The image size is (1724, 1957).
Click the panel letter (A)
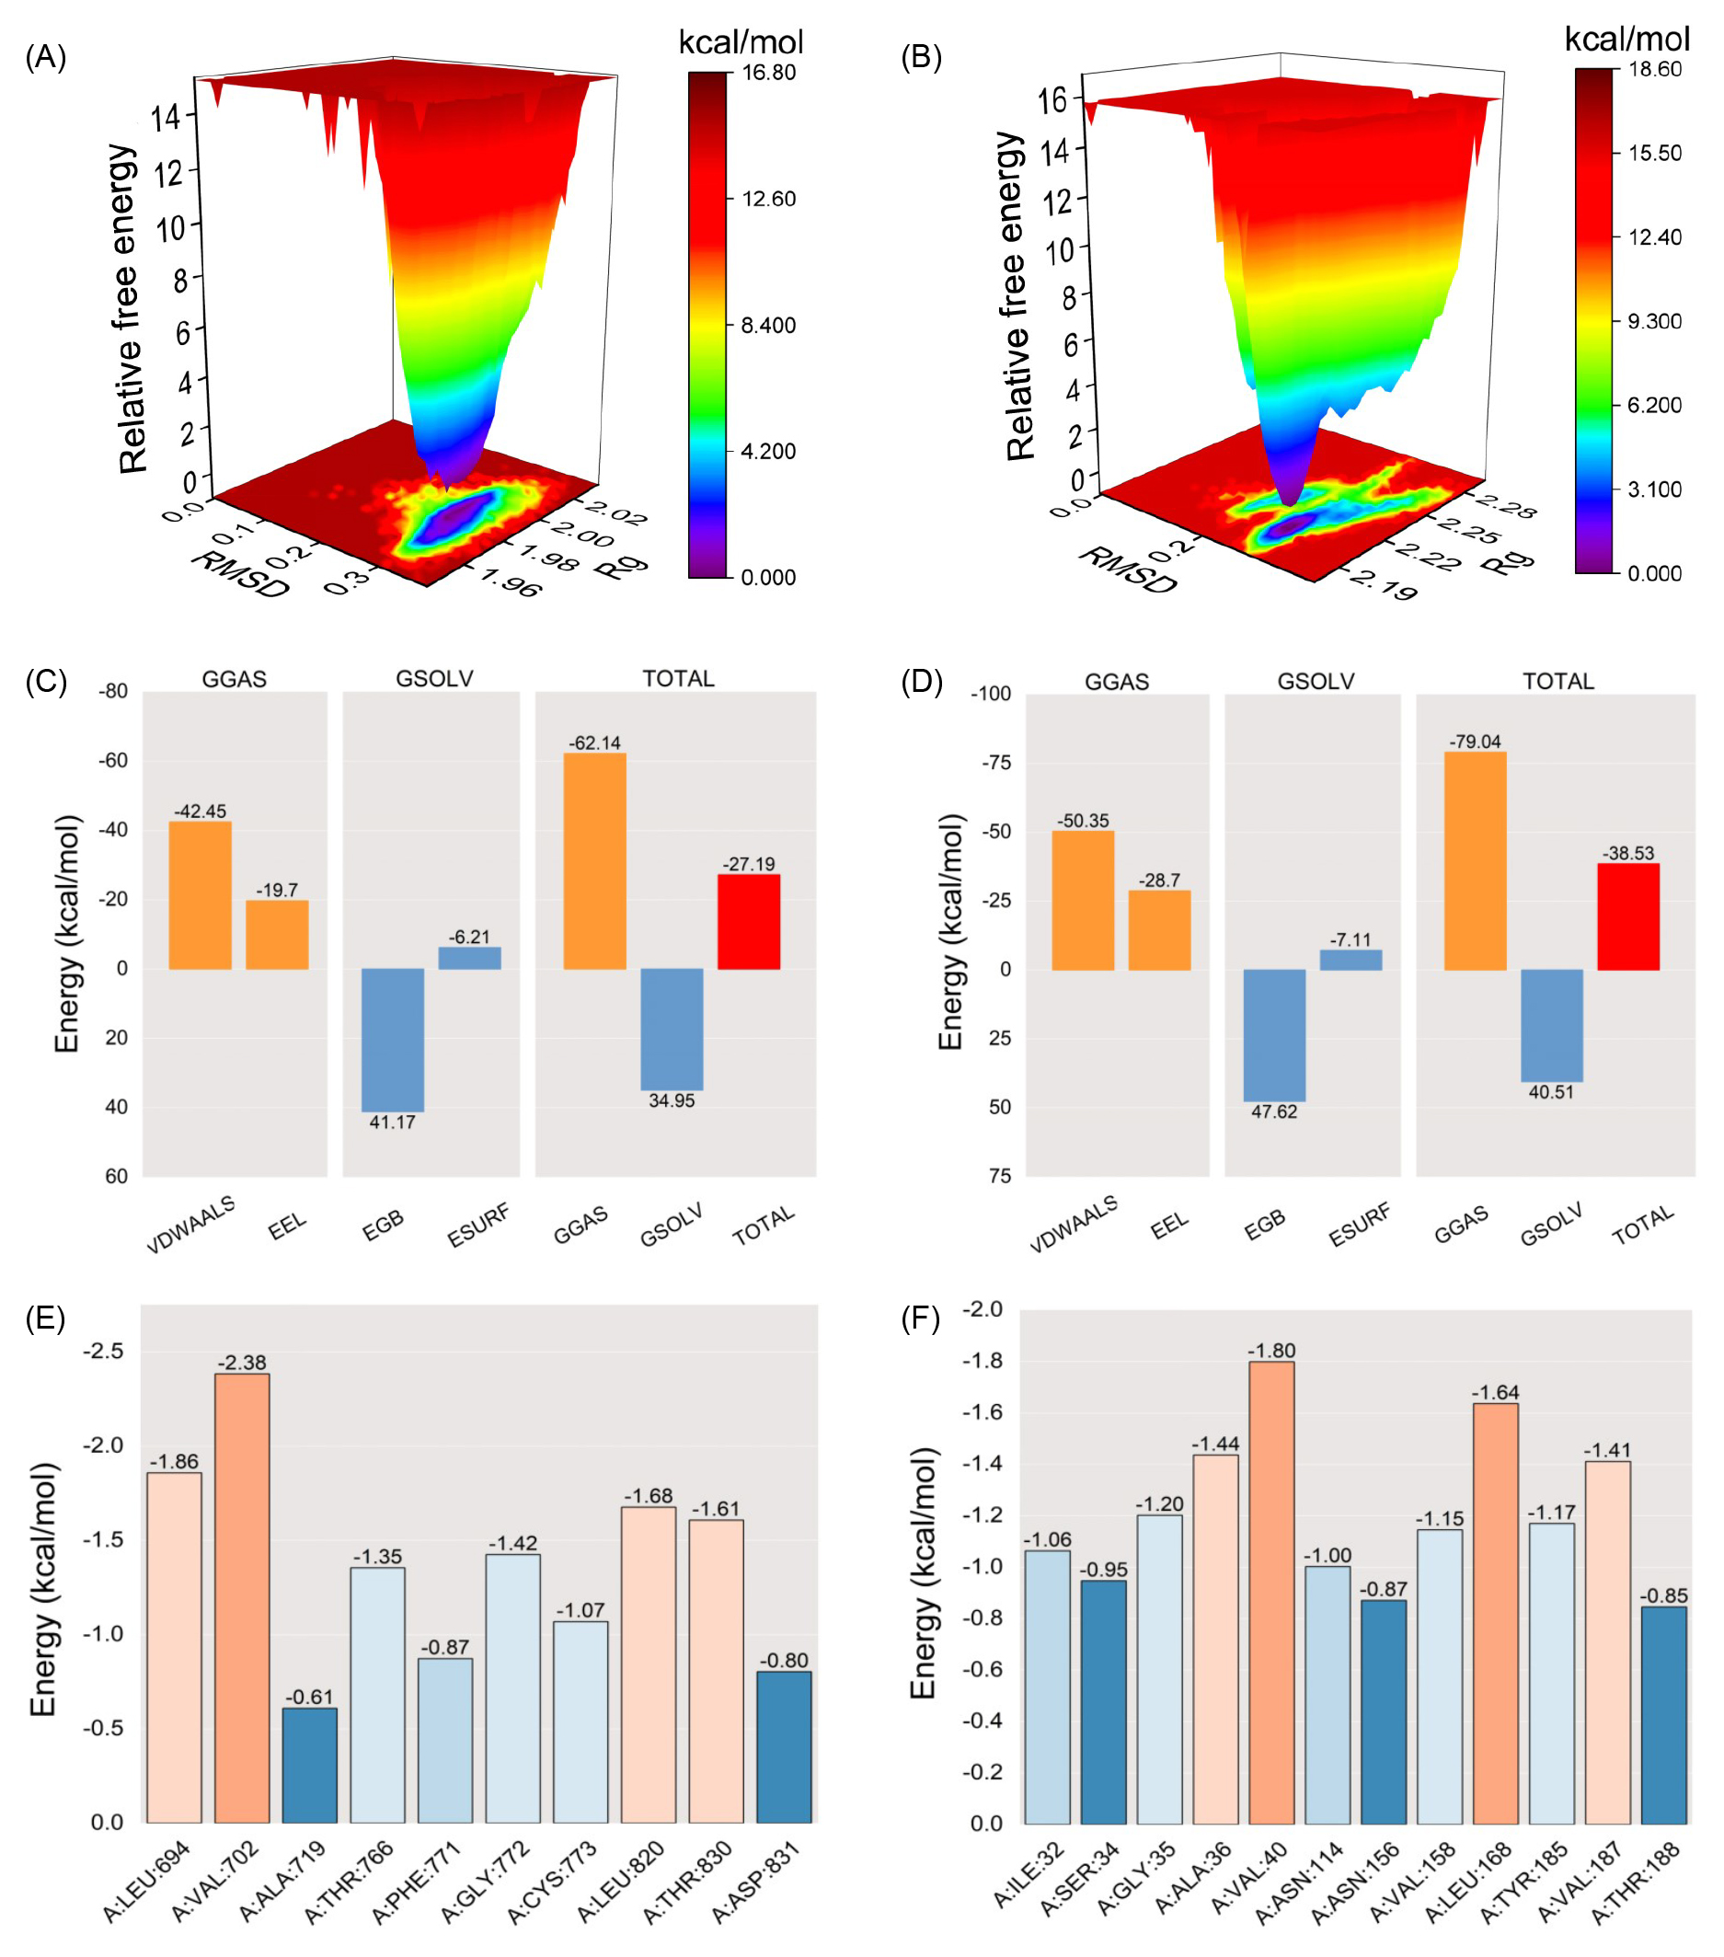[x=45, y=58]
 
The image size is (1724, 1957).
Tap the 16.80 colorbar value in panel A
[x=769, y=73]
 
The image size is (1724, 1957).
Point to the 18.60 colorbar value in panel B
[x=1655, y=69]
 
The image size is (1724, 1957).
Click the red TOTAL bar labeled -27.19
[x=749, y=921]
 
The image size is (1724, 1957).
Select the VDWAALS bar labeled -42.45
[x=200, y=895]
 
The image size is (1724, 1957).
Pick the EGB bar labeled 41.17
[x=393, y=1040]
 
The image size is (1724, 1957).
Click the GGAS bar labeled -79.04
[x=1475, y=861]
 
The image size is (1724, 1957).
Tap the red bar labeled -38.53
[x=1628, y=916]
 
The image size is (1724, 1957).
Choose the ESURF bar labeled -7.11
[x=1350, y=960]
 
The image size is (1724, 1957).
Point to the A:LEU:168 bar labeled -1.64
[x=1495, y=1612]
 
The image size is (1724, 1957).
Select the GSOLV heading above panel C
[x=434, y=679]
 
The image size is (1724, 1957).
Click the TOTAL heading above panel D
[x=1558, y=682]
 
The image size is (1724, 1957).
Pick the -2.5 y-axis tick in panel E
[x=103, y=1351]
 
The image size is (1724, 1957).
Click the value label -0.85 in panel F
[x=1663, y=1595]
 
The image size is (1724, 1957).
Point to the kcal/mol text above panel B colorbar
[x=1626, y=39]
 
